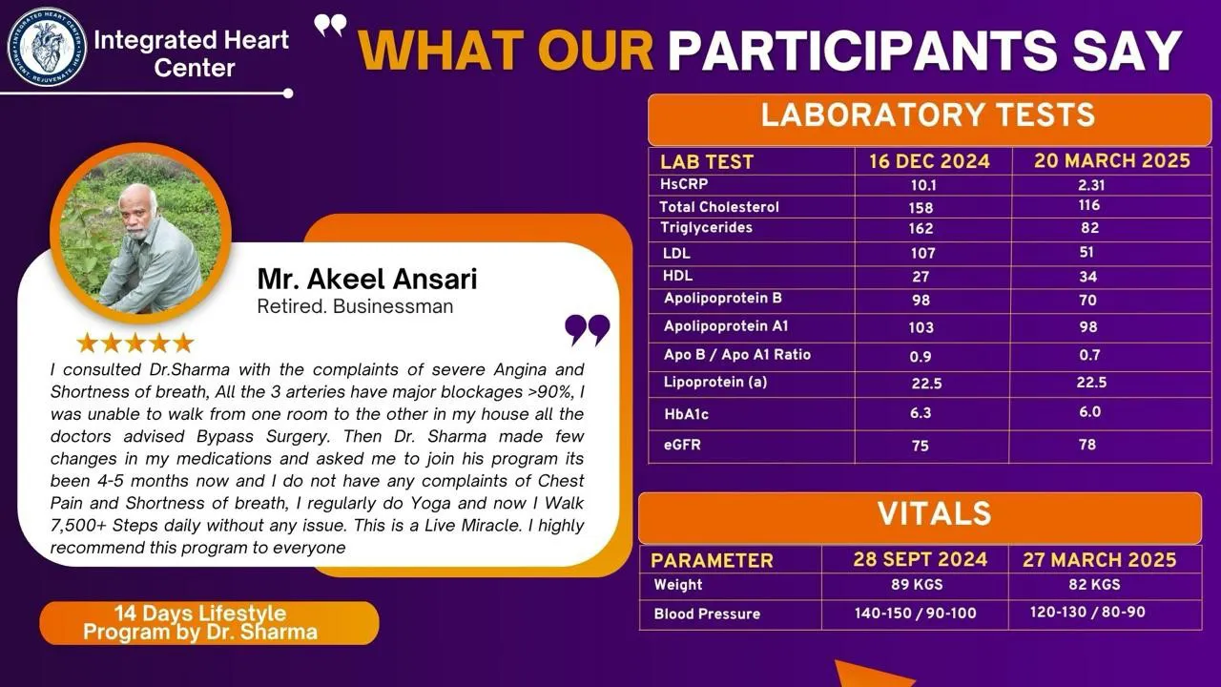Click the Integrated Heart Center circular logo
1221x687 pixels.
[x=47, y=48]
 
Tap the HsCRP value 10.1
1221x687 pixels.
[x=923, y=185]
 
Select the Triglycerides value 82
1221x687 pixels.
[x=1090, y=228]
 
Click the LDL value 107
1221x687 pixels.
[x=922, y=253]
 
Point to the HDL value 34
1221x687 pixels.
[x=1088, y=277]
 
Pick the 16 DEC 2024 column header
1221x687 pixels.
[x=929, y=161]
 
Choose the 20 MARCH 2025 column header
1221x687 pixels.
[x=1112, y=161]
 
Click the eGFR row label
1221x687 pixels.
[x=682, y=445]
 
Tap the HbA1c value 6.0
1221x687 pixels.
[x=1090, y=411]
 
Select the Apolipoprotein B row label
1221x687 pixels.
[x=723, y=299]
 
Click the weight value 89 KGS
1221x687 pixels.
[x=917, y=585]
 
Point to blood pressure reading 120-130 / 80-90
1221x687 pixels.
[x=1087, y=612]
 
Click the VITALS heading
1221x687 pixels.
[x=934, y=513]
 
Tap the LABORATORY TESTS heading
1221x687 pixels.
[x=928, y=115]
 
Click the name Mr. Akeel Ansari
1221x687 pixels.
[x=367, y=279]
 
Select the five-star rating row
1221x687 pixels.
[x=135, y=343]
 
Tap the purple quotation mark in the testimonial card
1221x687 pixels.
[x=587, y=330]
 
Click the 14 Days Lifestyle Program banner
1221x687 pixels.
[x=209, y=623]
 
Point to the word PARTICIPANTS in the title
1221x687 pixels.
[x=862, y=51]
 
